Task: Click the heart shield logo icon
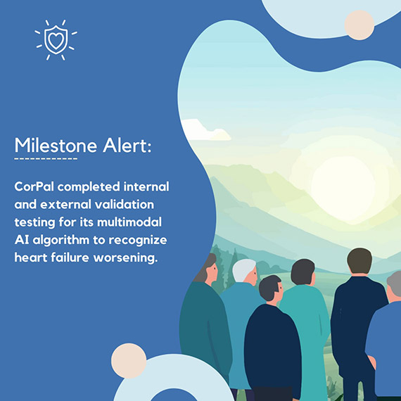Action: pyautogui.click(x=56, y=40)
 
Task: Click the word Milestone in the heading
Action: pyautogui.click(x=56, y=145)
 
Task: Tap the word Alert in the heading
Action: pyautogui.click(x=127, y=145)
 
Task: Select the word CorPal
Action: pyautogui.click(x=34, y=186)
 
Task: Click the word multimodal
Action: pyautogui.click(x=129, y=222)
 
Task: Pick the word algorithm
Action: pyautogui.click(x=61, y=241)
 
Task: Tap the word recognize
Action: pyautogui.click(x=138, y=241)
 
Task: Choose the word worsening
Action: pyautogui.click(x=125, y=257)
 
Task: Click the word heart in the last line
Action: pyautogui.click(x=30, y=257)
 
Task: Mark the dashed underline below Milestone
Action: pyautogui.click(x=46, y=159)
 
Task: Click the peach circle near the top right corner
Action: pyautogui.click(x=359, y=25)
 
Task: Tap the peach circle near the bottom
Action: pyautogui.click(x=129, y=361)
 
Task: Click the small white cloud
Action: pyautogui.click(x=205, y=130)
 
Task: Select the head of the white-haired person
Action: pyautogui.click(x=244, y=272)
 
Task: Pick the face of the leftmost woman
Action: pyautogui.click(x=212, y=271)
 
